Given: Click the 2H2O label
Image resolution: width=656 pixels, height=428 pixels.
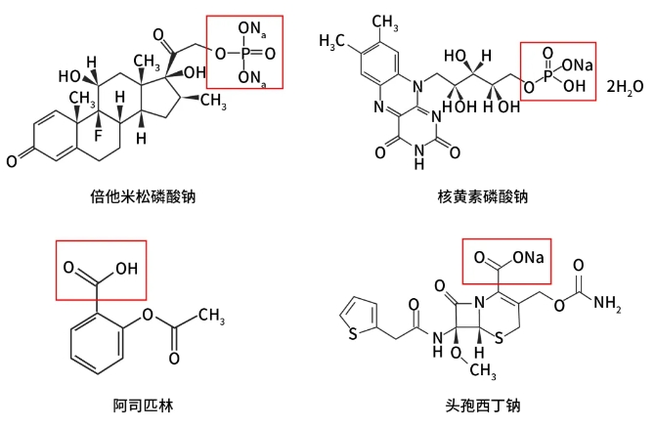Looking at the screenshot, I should tap(625, 87).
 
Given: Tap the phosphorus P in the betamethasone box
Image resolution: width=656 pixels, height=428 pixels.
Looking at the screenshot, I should tap(247, 54).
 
